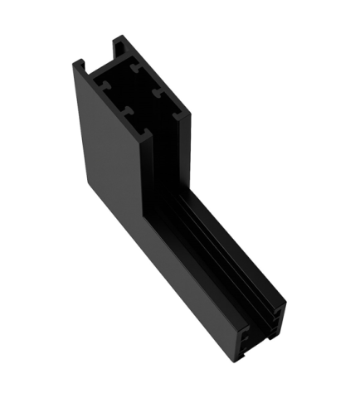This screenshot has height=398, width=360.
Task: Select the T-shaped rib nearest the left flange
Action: click(103, 84)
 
